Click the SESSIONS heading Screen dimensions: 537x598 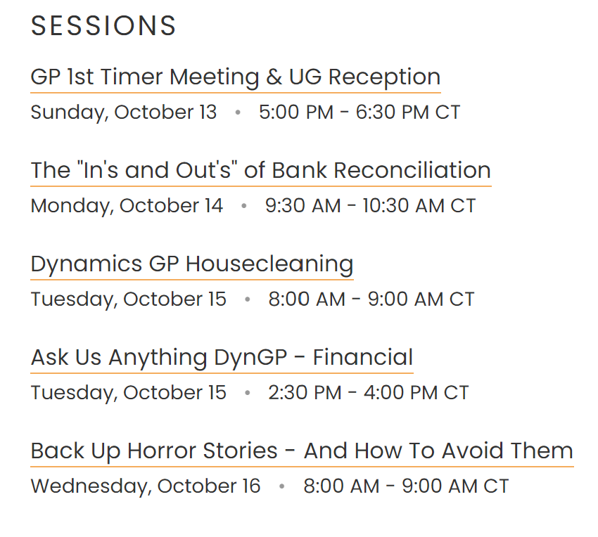click(x=103, y=26)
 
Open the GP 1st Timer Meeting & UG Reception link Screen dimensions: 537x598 click(x=235, y=77)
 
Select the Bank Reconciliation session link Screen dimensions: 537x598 click(x=260, y=170)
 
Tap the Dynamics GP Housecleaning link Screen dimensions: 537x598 click(x=191, y=264)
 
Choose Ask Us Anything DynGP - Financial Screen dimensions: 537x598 click(x=222, y=357)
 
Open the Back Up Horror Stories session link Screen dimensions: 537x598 click(x=302, y=451)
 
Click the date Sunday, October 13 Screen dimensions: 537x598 click(x=124, y=112)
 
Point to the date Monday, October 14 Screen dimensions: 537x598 click(x=127, y=206)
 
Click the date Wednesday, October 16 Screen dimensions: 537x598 click(x=146, y=486)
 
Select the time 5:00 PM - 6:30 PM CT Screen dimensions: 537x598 click(x=360, y=112)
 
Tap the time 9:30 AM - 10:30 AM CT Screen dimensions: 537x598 click(x=370, y=206)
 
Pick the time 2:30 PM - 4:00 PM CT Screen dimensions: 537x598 click(x=368, y=392)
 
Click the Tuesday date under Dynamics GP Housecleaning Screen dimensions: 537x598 click(x=129, y=299)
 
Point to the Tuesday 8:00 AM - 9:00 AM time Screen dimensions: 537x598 click(x=371, y=299)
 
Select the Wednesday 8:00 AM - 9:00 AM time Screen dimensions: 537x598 click(x=406, y=486)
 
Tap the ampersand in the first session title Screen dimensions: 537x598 click(x=274, y=77)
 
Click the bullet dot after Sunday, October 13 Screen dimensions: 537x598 click(x=238, y=112)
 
